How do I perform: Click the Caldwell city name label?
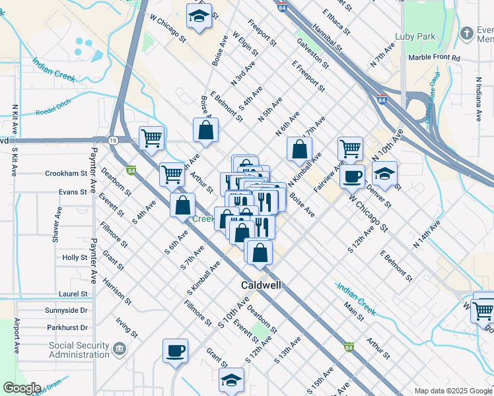coord(260,285)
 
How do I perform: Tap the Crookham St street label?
coord(66,174)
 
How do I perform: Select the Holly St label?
coord(75,257)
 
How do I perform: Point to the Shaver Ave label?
coord(58,222)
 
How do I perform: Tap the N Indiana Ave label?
coord(478,99)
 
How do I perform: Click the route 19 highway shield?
coord(113,141)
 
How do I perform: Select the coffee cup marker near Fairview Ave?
coord(353,177)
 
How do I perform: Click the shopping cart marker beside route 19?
coord(151,138)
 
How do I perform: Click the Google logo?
coord(22,388)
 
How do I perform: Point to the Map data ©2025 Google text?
coord(453,391)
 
